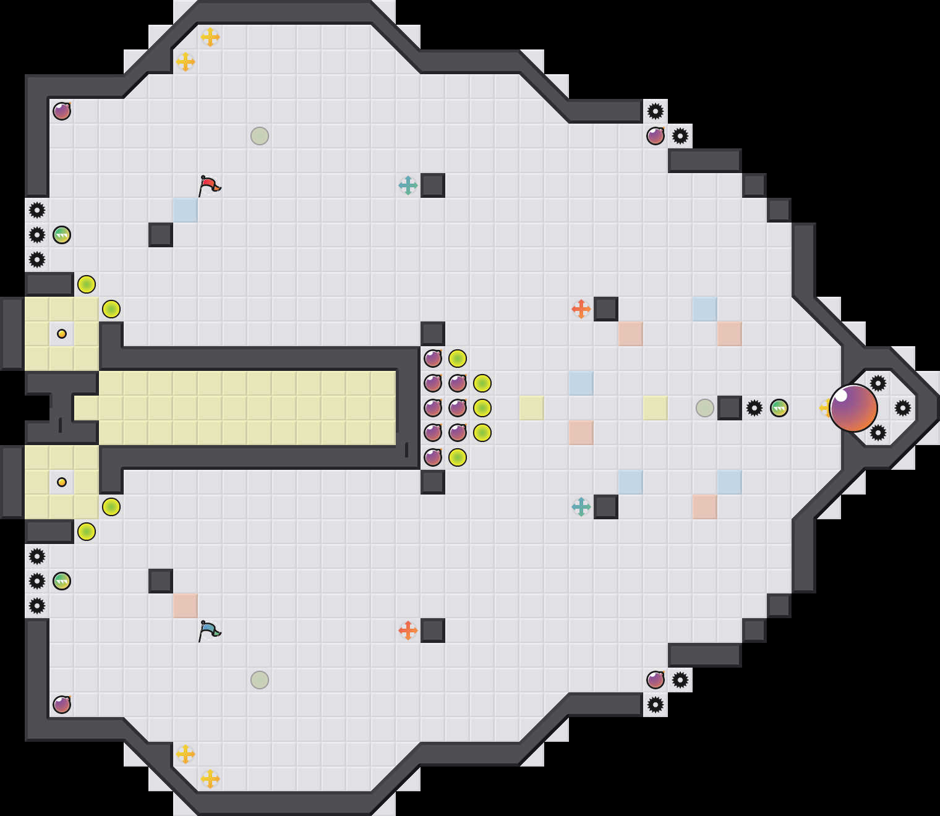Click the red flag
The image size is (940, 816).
point(209,185)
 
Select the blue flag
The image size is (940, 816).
point(209,630)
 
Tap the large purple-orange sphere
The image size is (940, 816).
point(853,408)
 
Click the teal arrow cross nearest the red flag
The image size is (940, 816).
point(408,185)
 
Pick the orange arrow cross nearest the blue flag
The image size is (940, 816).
point(408,631)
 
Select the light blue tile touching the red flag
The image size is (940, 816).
point(186,210)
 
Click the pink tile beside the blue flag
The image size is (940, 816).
point(186,606)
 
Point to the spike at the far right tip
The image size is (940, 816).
point(903,408)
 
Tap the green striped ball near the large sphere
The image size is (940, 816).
point(779,408)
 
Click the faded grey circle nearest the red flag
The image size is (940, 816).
point(260,136)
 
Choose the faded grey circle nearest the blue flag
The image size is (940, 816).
point(260,680)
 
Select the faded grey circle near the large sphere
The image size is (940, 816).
point(705,408)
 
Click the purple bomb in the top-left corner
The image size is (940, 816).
point(62,111)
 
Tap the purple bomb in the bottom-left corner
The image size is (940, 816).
point(62,705)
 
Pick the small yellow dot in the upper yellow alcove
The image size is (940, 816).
point(62,334)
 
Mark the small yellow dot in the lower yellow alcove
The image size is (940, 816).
point(62,482)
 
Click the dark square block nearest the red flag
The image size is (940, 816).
point(161,235)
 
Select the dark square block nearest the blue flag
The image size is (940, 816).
point(161,581)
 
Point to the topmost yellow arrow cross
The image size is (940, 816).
point(210,37)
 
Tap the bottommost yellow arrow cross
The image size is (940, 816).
point(210,779)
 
